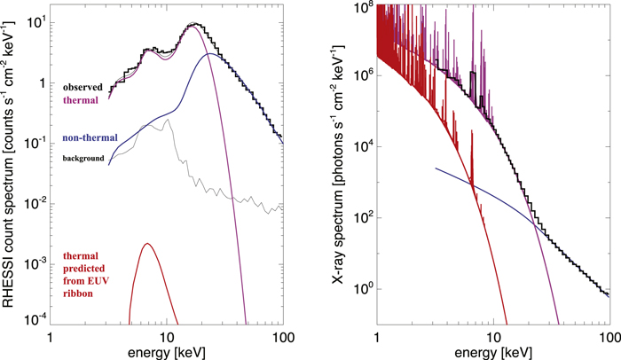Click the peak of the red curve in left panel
click(147, 244)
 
